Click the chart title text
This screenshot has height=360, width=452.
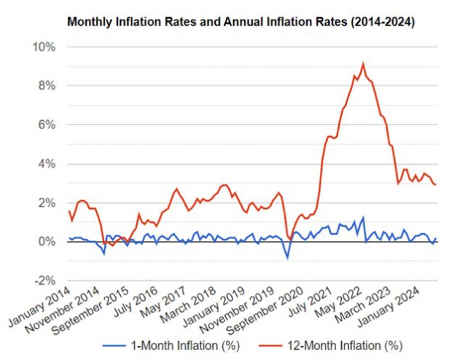pyautogui.click(x=241, y=23)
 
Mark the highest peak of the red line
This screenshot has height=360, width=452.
pyautogui.click(x=363, y=63)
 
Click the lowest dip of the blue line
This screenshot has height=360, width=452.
pyautogui.click(x=287, y=258)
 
